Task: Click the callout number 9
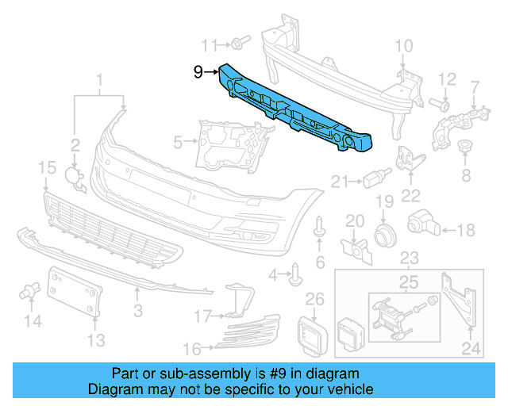(198, 73)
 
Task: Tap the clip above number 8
(467, 147)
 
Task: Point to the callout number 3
(137, 308)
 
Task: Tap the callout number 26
(315, 299)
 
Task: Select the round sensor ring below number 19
(385, 234)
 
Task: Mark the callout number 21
(339, 182)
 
